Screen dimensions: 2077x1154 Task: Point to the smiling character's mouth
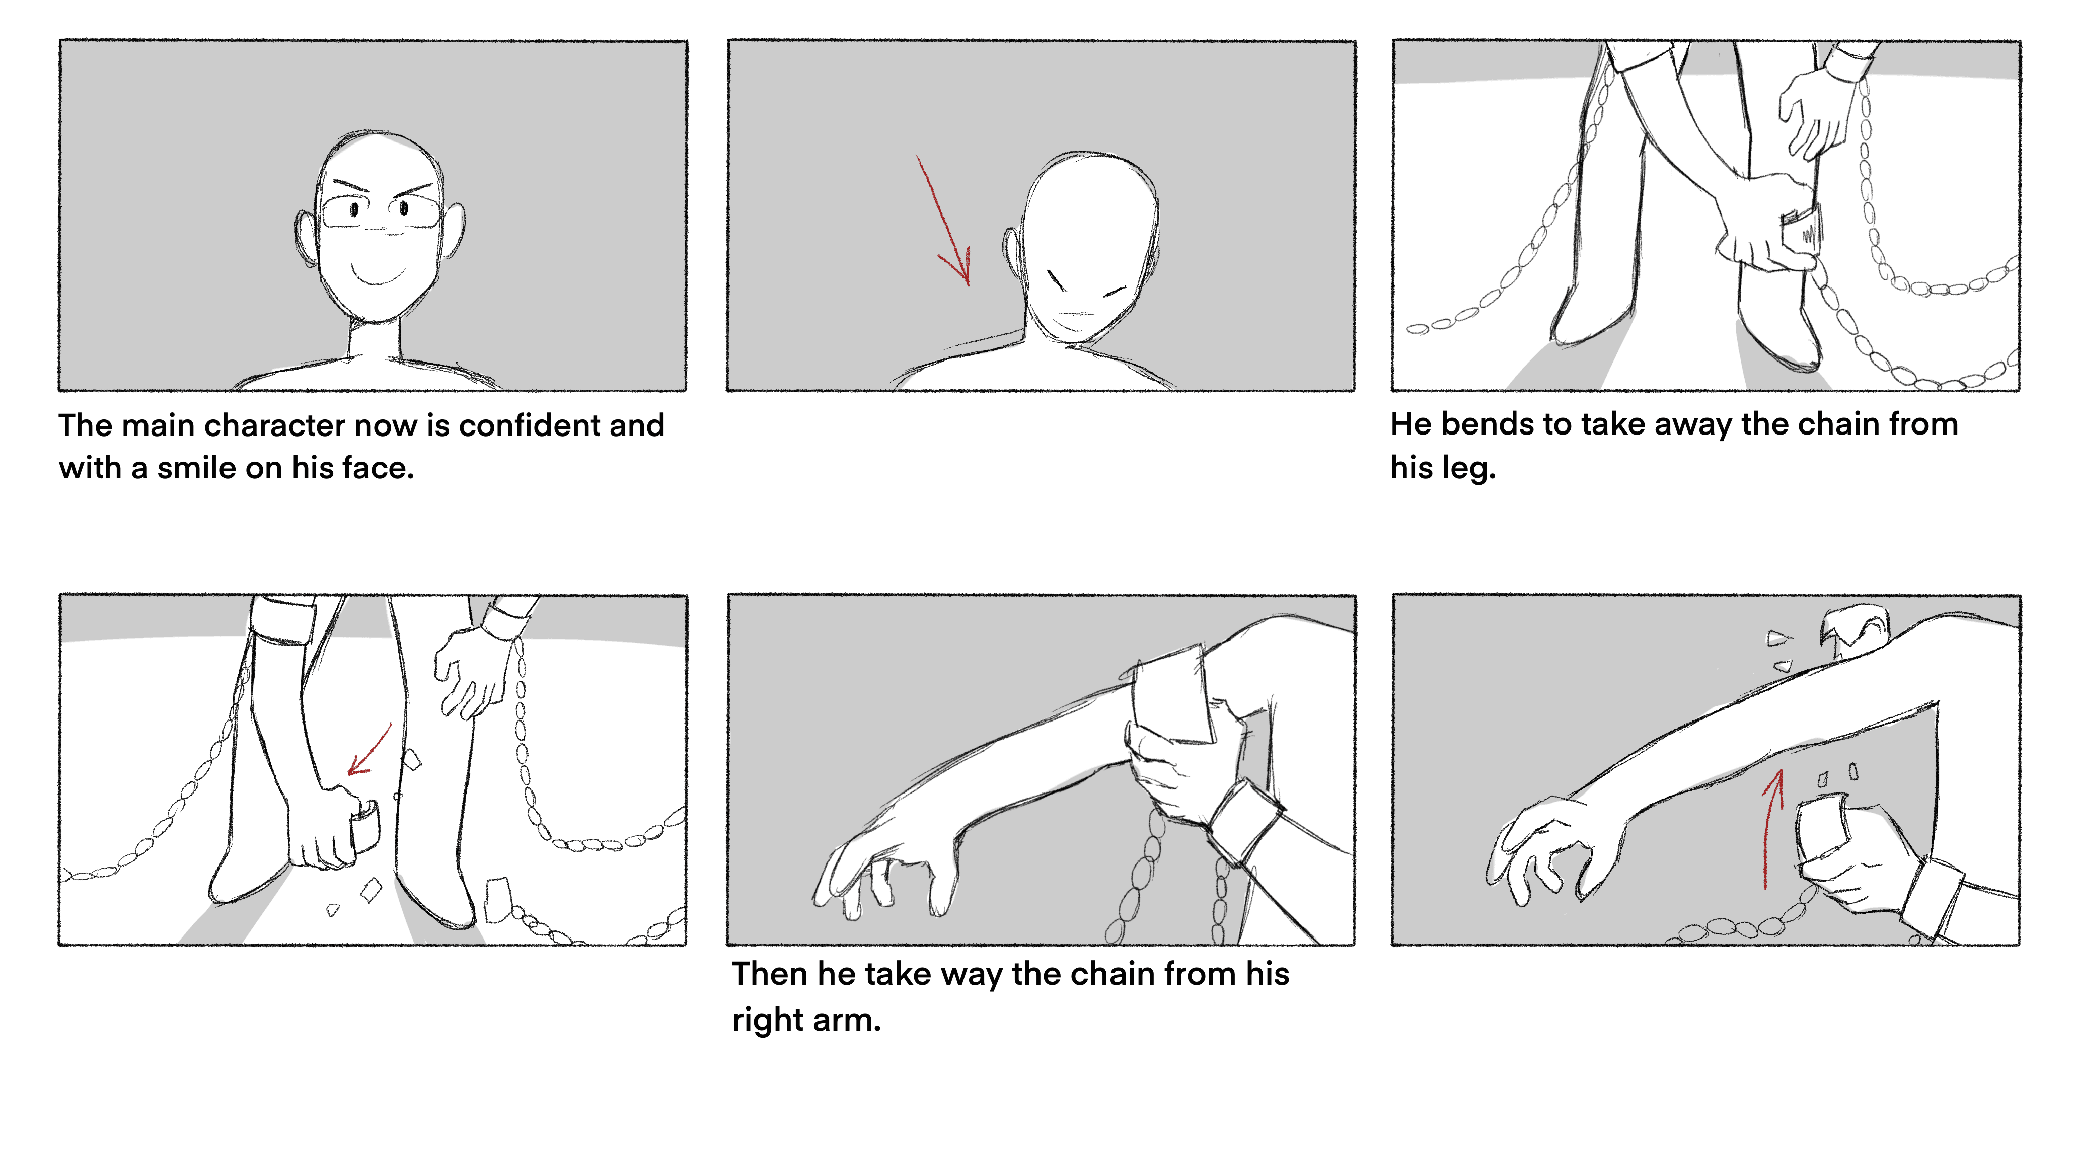[378, 274]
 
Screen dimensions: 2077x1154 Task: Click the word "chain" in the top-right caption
[1781, 424]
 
